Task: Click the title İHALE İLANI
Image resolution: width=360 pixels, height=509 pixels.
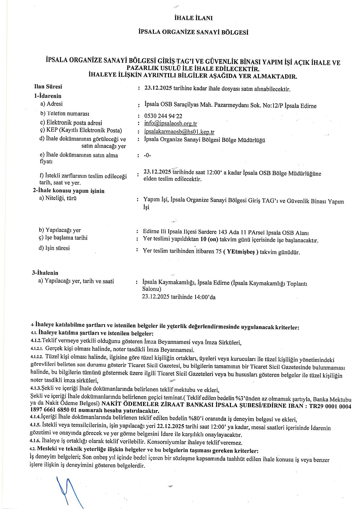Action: click(x=193, y=18)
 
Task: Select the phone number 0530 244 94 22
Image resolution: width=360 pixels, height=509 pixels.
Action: click(x=163, y=116)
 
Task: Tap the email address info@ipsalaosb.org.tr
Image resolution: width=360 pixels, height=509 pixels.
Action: click(x=170, y=124)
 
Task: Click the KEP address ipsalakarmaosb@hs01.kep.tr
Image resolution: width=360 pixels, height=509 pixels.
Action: click(x=179, y=132)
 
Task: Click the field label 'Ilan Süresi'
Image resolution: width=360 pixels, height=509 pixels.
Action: click(x=48, y=87)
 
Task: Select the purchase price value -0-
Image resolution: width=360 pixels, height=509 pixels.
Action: click(x=147, y=155)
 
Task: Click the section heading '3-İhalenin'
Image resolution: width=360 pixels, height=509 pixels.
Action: click(x=45, y=273)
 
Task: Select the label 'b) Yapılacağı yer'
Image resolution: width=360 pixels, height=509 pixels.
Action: click(x=60, y=230)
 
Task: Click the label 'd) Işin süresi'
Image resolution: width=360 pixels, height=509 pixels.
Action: click(x=54, y=248)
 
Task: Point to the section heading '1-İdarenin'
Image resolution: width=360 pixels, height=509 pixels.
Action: click(x=47, y=96)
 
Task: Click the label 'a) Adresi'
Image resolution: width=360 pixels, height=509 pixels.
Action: click(x=52, y=104)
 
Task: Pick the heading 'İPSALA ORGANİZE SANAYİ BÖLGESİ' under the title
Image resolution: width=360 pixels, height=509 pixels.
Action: click(x=193, y=32)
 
